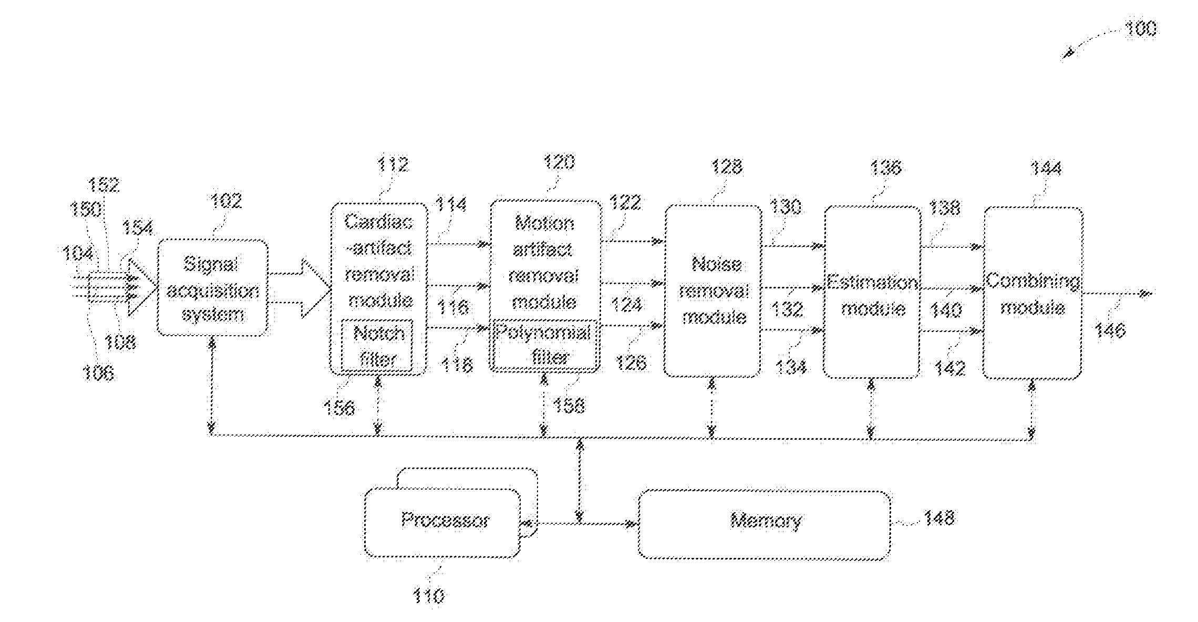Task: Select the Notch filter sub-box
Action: pos(377,345)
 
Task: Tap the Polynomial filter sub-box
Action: pos(544,345)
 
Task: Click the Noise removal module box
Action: pos(713,291)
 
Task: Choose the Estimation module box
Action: pos(872,292)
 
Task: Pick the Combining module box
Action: pos(1032,292)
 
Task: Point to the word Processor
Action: pos(445,520)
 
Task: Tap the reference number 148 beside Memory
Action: pos(938,519)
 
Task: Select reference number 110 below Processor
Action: pos(428,596)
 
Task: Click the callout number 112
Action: pos(393,164)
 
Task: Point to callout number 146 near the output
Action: pos(1110,330)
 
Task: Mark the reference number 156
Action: pos(339,407)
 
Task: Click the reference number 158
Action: pos(569,405)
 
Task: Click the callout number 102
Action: pos(226,201)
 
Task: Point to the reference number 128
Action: pos(727,167)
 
